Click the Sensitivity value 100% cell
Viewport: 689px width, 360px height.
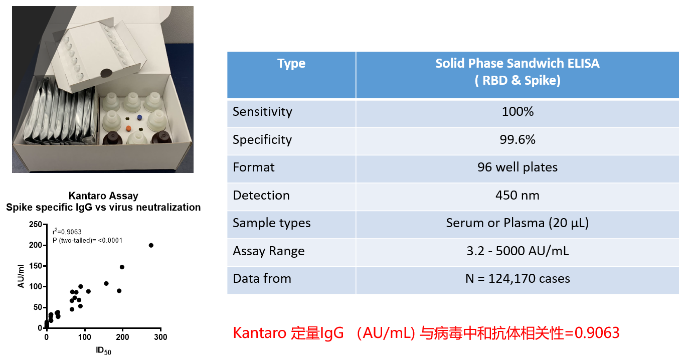518,112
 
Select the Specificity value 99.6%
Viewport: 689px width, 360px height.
518,139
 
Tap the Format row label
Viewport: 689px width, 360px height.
253,167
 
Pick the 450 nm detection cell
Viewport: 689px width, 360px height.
518,196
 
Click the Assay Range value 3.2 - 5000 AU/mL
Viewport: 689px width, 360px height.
518,251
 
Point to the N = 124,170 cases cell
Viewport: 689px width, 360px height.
518,279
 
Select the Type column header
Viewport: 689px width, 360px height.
291,63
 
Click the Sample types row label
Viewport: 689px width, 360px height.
272,223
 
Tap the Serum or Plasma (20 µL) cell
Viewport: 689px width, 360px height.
518,223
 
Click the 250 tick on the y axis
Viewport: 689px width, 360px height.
36,225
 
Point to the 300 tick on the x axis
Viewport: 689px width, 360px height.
160,337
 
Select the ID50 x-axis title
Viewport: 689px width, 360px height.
103,351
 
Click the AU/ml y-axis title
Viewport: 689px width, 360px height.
21,276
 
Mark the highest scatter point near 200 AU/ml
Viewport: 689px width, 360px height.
151,245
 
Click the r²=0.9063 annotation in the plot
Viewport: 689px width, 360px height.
67,232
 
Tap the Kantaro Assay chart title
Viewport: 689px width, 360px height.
103,196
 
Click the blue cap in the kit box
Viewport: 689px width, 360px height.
139,117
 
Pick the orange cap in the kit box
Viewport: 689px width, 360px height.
128,128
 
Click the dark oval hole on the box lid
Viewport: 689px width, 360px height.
106,73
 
